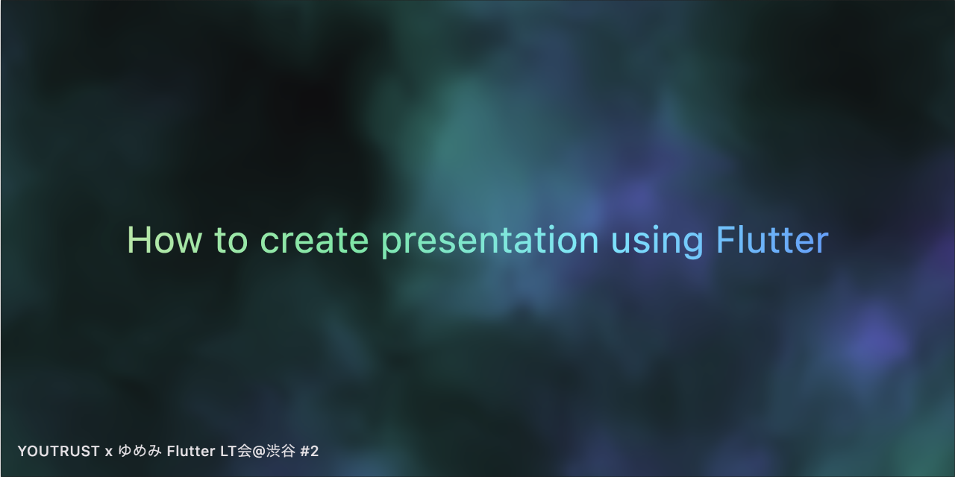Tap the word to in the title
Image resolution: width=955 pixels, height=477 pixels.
231,241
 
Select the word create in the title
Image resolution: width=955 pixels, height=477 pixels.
314,241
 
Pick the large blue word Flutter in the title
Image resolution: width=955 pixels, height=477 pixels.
771,241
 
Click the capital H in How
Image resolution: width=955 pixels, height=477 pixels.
137,240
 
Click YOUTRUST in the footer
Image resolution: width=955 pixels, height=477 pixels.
58,452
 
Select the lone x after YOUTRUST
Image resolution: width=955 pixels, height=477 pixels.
109,452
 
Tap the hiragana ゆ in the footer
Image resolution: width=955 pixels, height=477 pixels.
125,452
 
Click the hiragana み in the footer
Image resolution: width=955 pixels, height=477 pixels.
154,452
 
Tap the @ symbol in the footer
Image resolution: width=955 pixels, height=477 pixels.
257,452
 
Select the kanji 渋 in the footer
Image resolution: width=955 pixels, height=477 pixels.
272,452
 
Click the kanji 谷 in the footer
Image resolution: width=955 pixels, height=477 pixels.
286,452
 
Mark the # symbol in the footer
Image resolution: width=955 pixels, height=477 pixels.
304,452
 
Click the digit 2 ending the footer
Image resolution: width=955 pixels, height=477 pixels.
314,452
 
